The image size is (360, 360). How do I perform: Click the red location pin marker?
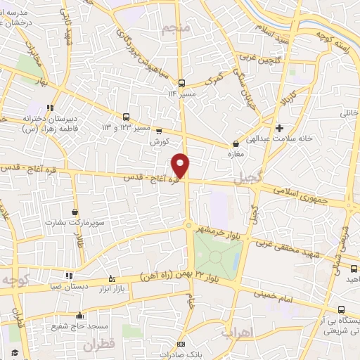click(x=181, y=165)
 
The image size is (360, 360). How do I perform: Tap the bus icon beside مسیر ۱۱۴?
click(x=181, y=82)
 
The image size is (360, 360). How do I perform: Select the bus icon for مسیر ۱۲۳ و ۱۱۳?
click(x=126, y=117)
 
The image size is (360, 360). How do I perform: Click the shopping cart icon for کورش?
click(x=159, y=131)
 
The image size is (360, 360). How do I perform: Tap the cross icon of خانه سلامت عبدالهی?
click(x=280, y=128)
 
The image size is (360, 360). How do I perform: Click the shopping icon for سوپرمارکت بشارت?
click(x=75, y=212)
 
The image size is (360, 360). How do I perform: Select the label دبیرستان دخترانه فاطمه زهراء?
click(x=51, y=124)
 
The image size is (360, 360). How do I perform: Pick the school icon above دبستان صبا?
click(x=68, y=276)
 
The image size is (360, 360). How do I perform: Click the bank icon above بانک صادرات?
click(x=181, y=345)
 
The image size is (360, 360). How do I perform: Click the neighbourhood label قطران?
click(x=98, y=345)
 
